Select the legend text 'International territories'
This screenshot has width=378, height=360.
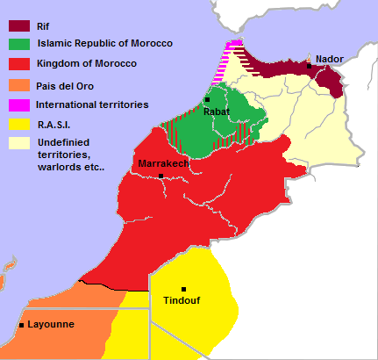92,104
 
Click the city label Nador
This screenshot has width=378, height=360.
330,59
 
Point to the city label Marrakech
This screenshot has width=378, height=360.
160,164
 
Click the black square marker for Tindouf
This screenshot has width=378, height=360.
183,289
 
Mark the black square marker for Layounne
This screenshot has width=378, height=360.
21,325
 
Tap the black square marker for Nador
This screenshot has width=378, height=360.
309,66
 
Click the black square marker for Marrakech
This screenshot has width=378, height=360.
161,176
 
